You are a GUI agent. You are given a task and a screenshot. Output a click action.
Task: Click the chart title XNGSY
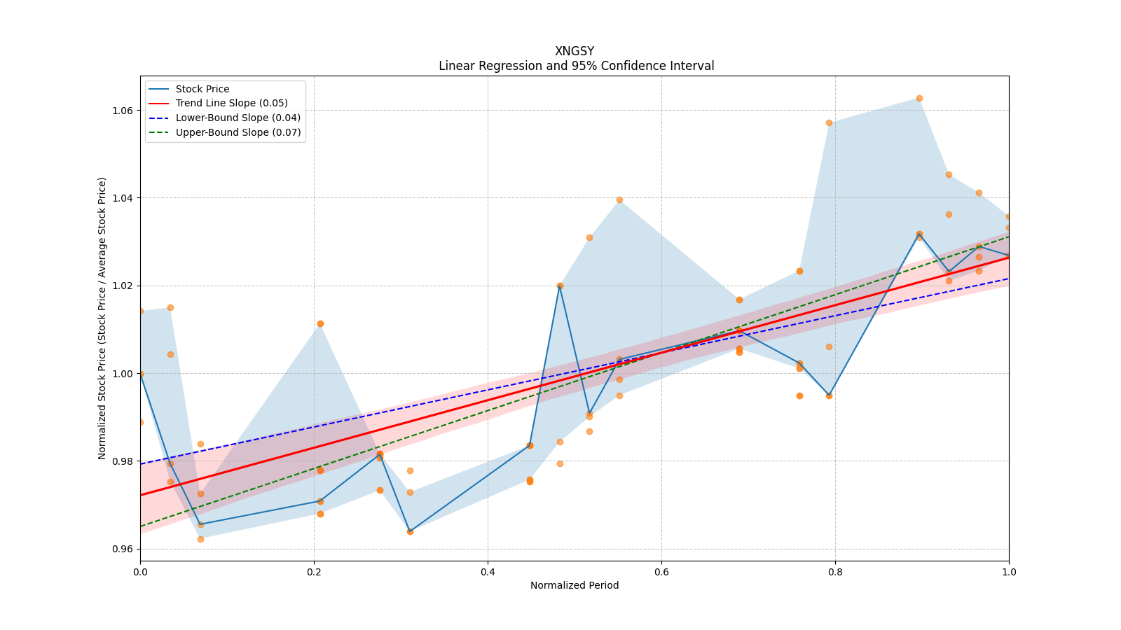pos(575,51)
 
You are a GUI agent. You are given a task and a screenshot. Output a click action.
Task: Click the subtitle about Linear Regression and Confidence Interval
pos(576,66)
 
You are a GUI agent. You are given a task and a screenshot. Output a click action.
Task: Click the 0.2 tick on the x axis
pos(314,572)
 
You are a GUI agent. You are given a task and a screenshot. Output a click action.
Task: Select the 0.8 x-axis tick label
pos(835,572)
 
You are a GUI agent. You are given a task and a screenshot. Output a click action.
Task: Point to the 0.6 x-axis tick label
pos(661,572)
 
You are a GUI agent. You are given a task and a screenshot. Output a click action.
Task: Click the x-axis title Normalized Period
pos(575,585)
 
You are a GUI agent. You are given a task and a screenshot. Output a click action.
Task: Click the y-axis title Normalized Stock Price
pos(102,318)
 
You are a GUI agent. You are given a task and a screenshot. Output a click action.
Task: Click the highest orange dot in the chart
pos(919,99)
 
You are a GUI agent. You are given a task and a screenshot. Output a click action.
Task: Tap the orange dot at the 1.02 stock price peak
pos(560,286)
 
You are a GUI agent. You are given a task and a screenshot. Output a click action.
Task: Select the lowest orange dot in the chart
pos(200,540)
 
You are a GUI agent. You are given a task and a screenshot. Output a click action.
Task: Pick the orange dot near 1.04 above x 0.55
pos(619,200)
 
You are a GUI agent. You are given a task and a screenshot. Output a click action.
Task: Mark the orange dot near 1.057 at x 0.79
pos(830,123)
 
